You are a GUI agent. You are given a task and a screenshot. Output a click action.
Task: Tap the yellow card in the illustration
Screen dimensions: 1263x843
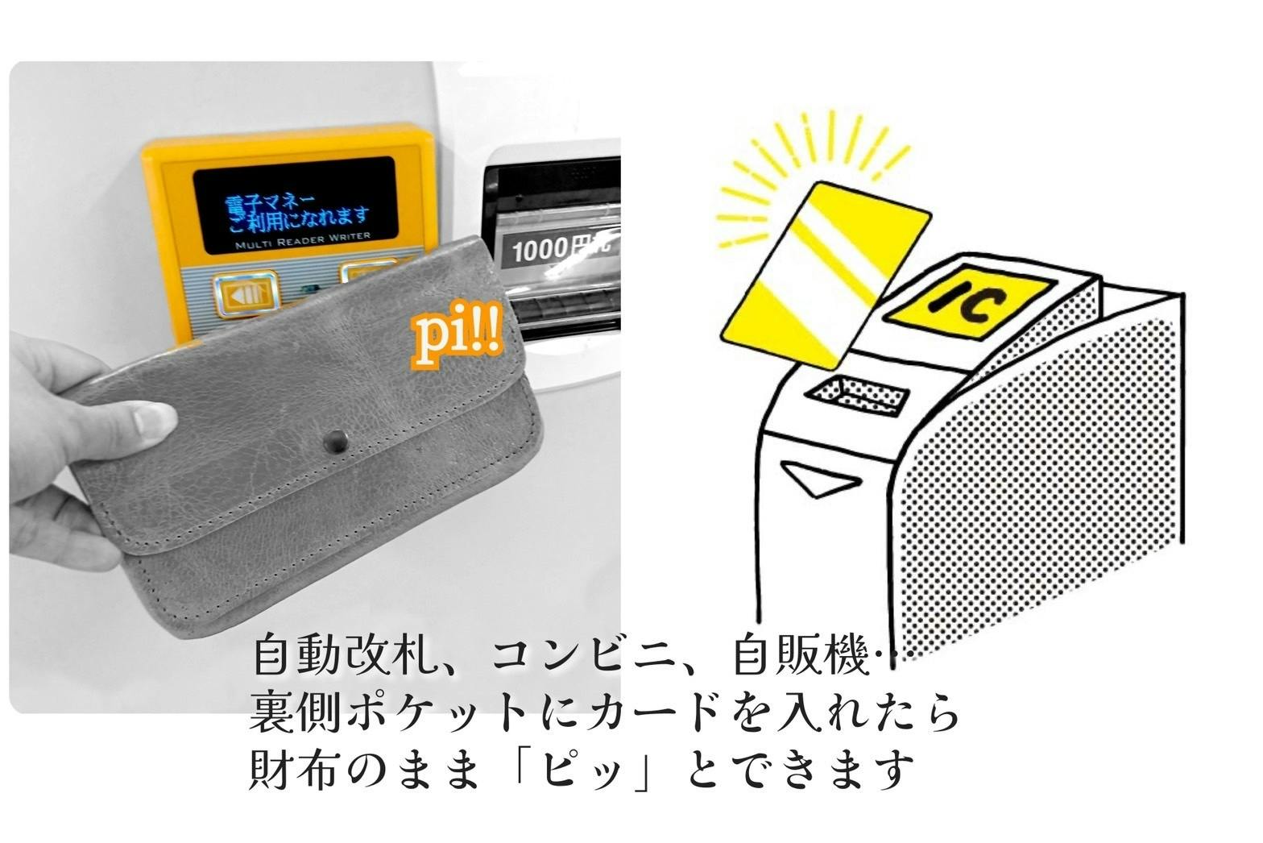826,276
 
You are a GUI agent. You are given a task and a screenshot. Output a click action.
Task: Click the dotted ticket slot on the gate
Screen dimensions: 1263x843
857,394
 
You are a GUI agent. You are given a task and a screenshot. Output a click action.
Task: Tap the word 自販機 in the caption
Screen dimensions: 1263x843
800,656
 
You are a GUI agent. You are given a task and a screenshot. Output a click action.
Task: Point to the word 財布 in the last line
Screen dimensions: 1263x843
293,770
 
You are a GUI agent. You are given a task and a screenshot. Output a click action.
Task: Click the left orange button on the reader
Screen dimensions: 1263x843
246,294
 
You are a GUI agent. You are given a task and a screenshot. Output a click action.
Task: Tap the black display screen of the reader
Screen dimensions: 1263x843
296,206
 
